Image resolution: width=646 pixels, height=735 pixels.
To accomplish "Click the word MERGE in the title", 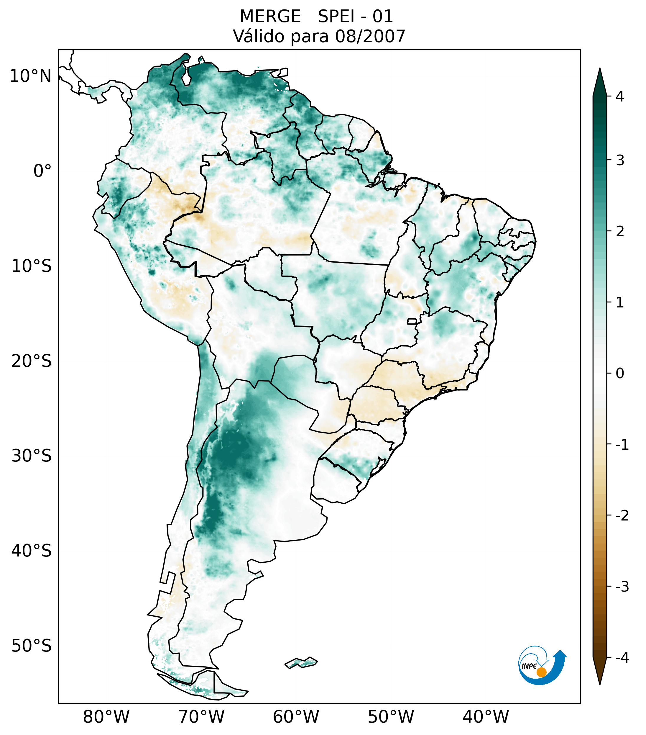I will pyautogui.click(x=270, y=17).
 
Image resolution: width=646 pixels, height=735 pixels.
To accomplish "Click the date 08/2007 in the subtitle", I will pyautogui.click(x=370, y=36).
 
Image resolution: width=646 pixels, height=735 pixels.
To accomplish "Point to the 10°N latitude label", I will pyautogui.click(x=31, y=76).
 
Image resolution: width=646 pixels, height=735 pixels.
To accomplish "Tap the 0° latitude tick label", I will pyautogui.click(x=42, y=171).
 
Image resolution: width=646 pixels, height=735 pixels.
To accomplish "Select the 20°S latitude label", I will pyautogui.click(x=32, y=361).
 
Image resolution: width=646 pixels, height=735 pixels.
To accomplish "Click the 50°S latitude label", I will pyautogui.click(x=32, y=646).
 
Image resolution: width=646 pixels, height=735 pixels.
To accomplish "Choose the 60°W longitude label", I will pyautogui.click(x=296, y=717).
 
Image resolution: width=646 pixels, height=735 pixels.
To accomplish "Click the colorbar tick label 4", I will pyautogui.click(x=620, y=96).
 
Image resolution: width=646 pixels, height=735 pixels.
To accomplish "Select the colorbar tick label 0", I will pyautogui.click(x=620, y=373).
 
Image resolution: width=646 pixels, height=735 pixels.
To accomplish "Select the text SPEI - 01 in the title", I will pyautogui.click(x=355, y=17).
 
